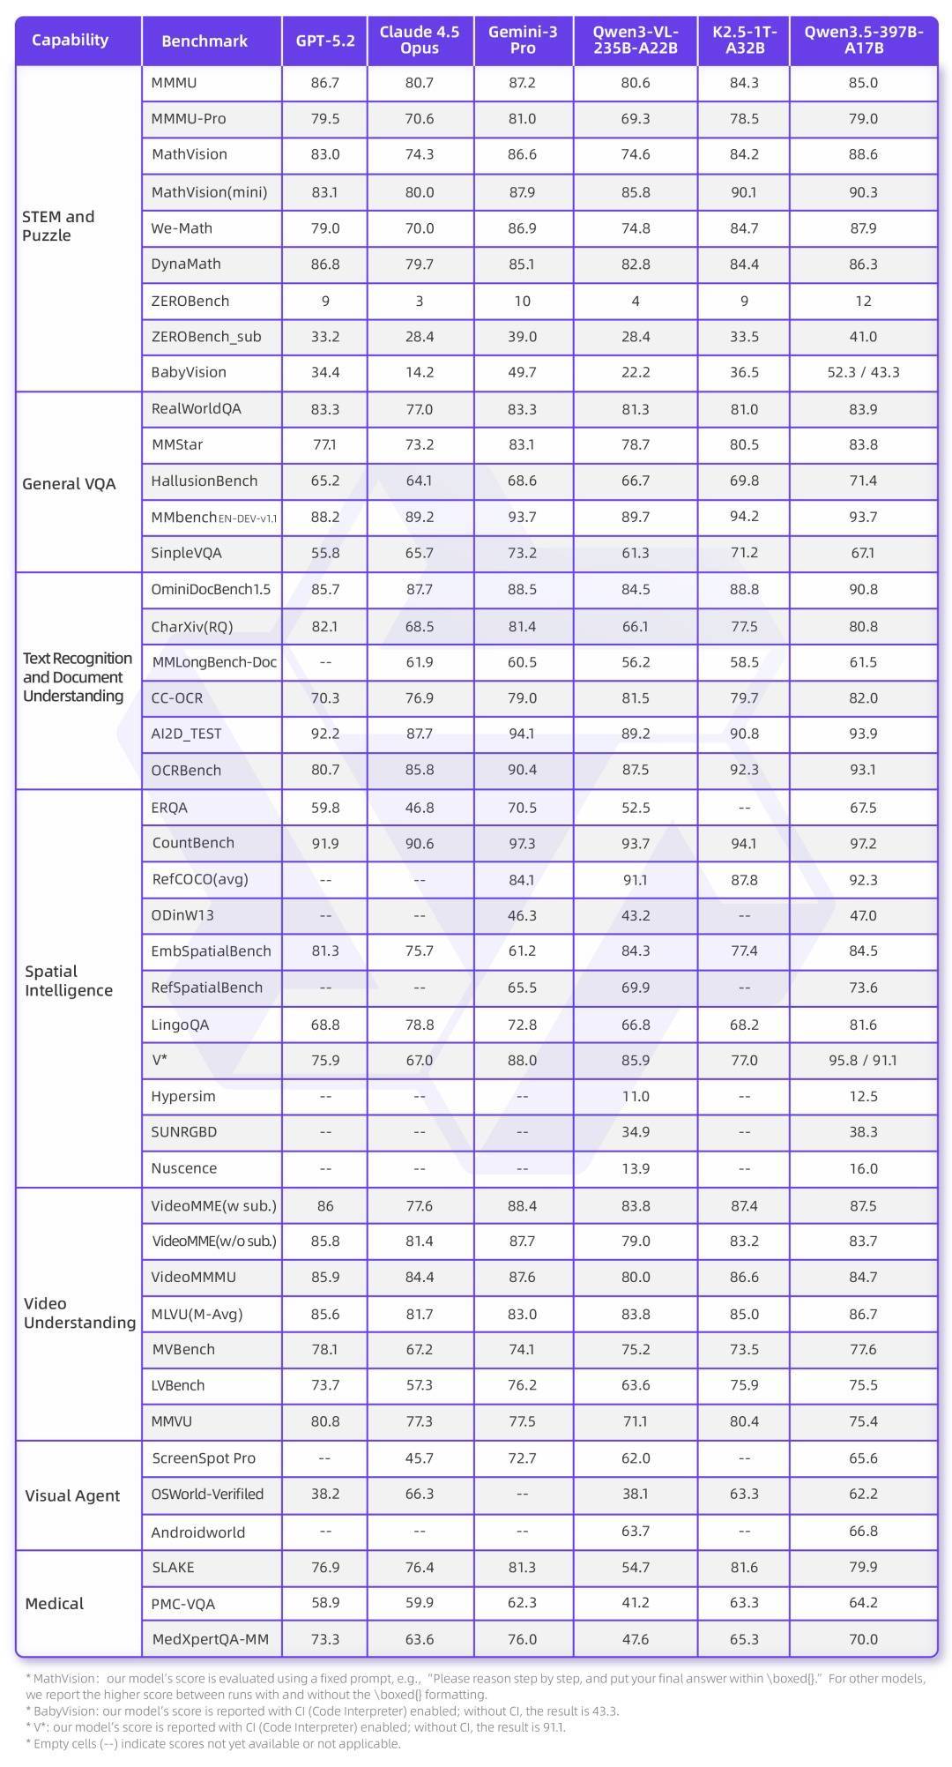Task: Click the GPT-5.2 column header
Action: pyautogui.click(x=325, y=41)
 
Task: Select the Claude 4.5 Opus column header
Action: pyautogui.click(x=420, y=41)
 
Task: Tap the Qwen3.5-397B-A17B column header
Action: pyautogui.click(x=863, y=41)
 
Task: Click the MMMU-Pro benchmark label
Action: pyautogui.click(x=189, y=118)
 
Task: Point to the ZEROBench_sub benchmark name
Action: pyautogui.click(x=206, y=336)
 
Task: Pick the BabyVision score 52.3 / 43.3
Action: pyautogui.click(x=863, y=372)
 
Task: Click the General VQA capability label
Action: pyautogui.click(x=69, y=483)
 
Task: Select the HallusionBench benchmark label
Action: pyautogui.click(x=205, y=481)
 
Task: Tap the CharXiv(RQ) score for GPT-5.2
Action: pyautogui.click(x=325, y=626)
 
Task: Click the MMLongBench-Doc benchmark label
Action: pyautogui.click(x=214, y=662)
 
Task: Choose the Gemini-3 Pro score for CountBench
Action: pyautogui.click(x=522, y=844)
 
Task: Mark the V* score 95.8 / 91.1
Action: pyautogui.click(x=863, y=1060)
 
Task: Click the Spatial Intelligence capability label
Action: pyautogui.click(x=69, y=980)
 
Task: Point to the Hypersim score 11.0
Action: pyautogui.click(x=635, y=1096)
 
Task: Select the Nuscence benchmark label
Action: pyautogui.click(x=184, y=1168)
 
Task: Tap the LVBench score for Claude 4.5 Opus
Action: pyautogui.click(x=420, y=1385)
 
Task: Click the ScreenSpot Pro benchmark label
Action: pyautogui.click(x=204, y=1458)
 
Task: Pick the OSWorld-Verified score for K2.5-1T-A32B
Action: pyautogui.click(x=744, y=1494)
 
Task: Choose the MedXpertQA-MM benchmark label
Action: pyautogui.click(x=210, y=1639)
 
